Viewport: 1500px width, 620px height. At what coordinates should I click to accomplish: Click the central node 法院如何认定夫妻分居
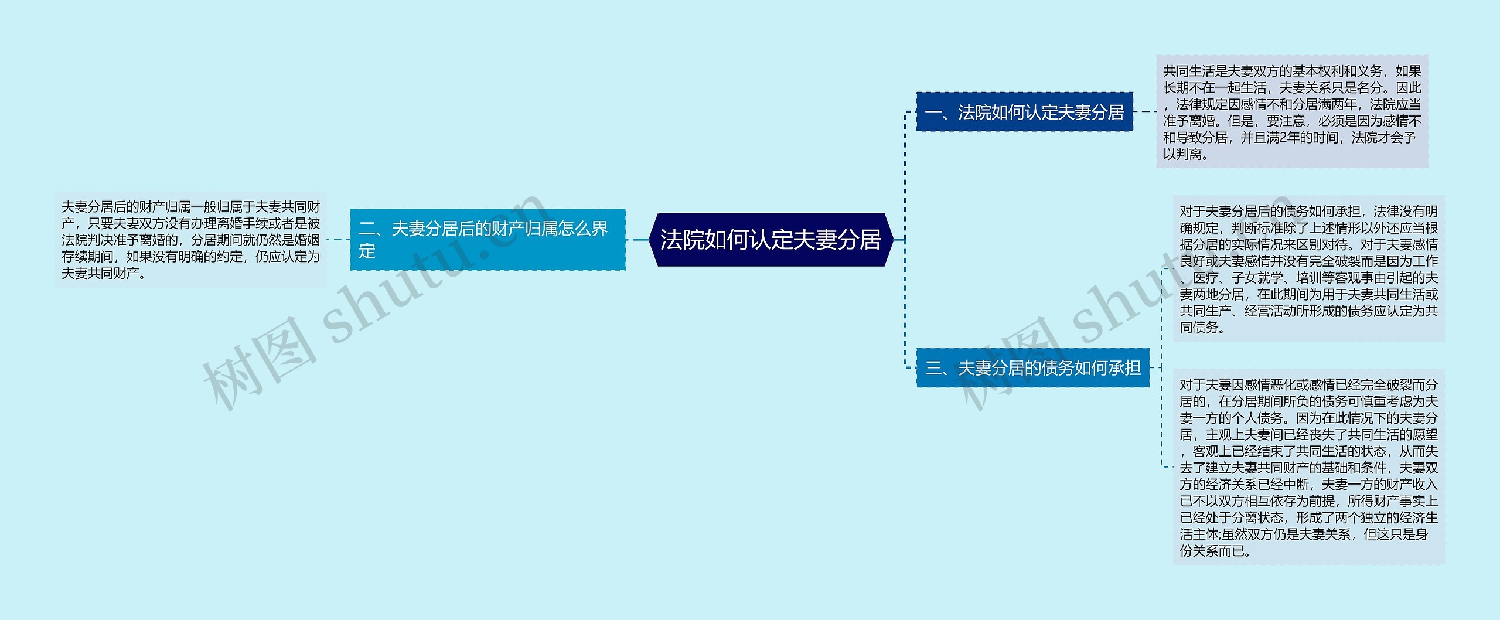(771, 240)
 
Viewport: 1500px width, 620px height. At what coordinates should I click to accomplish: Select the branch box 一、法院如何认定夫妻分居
(1024, 112)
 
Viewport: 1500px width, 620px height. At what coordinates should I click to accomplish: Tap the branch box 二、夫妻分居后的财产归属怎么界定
(487, 240)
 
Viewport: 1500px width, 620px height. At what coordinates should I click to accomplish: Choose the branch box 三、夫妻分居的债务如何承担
(1032, 368)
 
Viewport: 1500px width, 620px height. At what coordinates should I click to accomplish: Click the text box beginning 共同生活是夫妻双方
(1291, 112)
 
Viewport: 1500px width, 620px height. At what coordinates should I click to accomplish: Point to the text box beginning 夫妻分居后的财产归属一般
(190, 240)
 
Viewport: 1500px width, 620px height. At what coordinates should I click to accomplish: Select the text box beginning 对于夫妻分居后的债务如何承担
(1308, 269)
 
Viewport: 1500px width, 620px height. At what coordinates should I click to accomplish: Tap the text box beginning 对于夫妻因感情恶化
(1308, 467)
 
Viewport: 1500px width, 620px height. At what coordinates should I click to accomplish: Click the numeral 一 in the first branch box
(933, 112)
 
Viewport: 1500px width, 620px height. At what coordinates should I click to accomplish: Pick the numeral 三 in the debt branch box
(933, 368)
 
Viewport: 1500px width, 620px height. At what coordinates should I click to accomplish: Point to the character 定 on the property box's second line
(367, 251)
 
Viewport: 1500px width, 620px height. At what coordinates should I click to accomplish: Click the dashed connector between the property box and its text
(338, 240)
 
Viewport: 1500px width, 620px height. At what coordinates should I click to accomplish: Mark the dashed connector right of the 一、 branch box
(1144, 112)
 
